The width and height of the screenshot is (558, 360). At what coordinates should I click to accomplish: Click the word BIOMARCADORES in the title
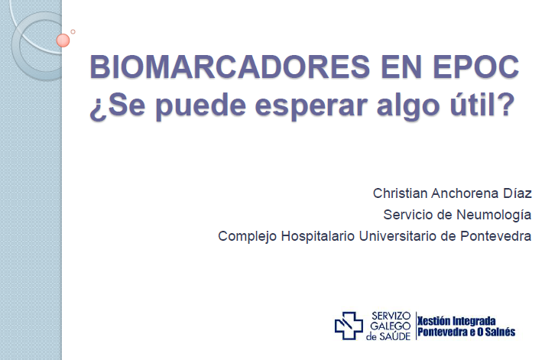pos(230,66)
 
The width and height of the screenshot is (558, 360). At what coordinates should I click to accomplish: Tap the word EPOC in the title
pos(476,66)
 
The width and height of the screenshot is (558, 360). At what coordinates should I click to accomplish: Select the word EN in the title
pos(401,66)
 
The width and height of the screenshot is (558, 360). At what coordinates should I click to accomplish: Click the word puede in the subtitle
pos(201,105)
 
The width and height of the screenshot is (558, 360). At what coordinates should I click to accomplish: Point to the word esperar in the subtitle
pos(312,107)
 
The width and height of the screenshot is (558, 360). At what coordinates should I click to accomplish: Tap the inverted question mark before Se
pos(98,109)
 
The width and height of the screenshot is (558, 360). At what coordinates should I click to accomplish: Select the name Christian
pos(400,193)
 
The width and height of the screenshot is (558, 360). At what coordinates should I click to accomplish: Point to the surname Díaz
pos(517,193)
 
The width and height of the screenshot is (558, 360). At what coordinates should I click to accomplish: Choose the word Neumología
pos(494,216)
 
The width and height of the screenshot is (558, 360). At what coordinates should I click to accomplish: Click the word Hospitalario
pos(318,236)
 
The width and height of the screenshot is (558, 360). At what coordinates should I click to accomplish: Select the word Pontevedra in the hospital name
pos(496,236)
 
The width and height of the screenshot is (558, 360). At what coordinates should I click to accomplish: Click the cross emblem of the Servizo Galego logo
pos(349,326)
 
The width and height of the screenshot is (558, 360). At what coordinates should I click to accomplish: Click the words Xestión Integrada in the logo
pos(456,321)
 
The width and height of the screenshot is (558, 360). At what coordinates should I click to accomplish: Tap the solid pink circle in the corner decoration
pos(63,41)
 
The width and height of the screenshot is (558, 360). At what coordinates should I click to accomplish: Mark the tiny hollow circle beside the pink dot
pos(73,31)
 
